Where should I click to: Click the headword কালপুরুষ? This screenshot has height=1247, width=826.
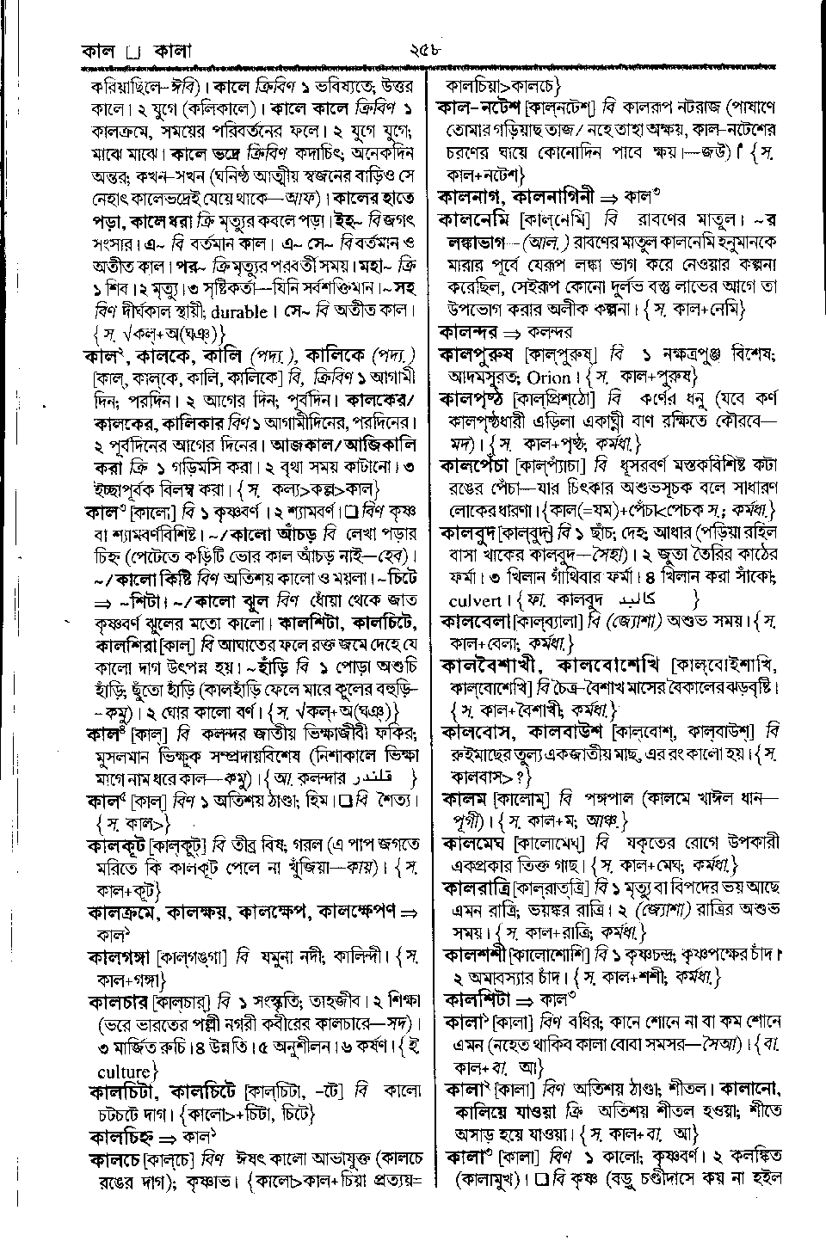[478, 354]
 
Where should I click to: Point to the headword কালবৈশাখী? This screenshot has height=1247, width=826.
[491, 666]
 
